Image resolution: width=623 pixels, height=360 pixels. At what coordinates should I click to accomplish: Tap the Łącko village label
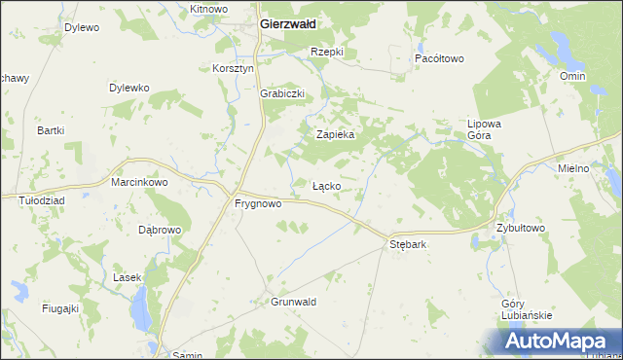(325, 185)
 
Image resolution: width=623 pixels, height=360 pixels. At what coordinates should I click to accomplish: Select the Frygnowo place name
(258, 204)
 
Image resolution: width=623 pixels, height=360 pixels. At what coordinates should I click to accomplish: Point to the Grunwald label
(294, 302)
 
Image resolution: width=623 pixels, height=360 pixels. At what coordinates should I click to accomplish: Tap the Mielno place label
(573, 168)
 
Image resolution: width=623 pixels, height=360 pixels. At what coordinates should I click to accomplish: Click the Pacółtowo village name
(439, 58)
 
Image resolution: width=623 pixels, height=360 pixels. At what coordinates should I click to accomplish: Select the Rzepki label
(327, 51)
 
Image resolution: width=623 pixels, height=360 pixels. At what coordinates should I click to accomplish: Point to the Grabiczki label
(283, 93)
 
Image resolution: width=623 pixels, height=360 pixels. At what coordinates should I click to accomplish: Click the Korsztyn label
(233, 69)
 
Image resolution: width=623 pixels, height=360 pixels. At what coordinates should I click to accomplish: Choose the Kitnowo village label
(208, 9)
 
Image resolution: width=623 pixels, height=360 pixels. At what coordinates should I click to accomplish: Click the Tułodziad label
(42, 199)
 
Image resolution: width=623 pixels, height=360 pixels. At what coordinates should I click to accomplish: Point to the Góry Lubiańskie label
(526, 309)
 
